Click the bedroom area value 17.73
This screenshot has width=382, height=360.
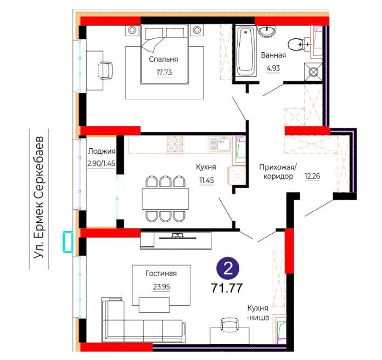pos(164,72)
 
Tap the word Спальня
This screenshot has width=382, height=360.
pos(164,59)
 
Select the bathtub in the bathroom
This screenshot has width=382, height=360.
pos(246,52)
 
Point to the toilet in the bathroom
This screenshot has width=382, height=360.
pos(299,44)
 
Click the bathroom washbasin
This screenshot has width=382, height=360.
pos(267,31)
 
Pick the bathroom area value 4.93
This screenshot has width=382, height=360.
pos(273,68)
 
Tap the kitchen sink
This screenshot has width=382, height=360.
pos(220,144)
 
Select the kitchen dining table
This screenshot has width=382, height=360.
pos(165,199)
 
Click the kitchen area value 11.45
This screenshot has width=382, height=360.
pos(206,181)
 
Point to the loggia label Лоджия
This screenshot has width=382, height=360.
pos(102,151)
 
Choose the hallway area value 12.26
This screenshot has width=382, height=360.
pos(312,176)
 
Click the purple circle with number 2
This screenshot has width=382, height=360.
pos(228,268)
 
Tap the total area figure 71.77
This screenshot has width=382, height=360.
pos(227,288)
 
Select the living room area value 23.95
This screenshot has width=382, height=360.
pos(161,287)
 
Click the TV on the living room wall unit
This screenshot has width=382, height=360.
pos(177,236)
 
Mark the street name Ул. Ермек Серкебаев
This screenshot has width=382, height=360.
pos(39,198)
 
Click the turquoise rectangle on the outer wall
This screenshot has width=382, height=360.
pos(68,241)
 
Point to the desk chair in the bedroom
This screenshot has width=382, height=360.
pos(105,71)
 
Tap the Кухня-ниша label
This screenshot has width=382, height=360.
pos(258,313)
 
